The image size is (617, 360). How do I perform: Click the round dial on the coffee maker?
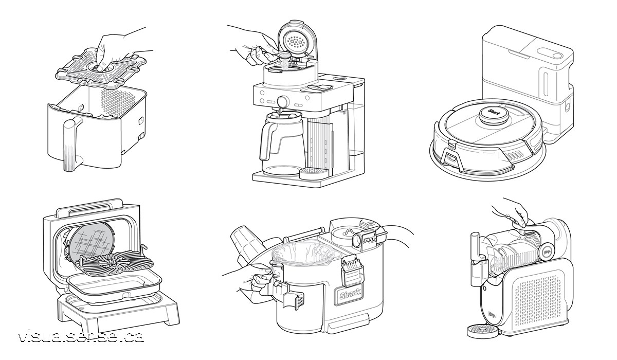282,101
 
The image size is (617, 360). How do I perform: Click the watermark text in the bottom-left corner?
80,337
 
